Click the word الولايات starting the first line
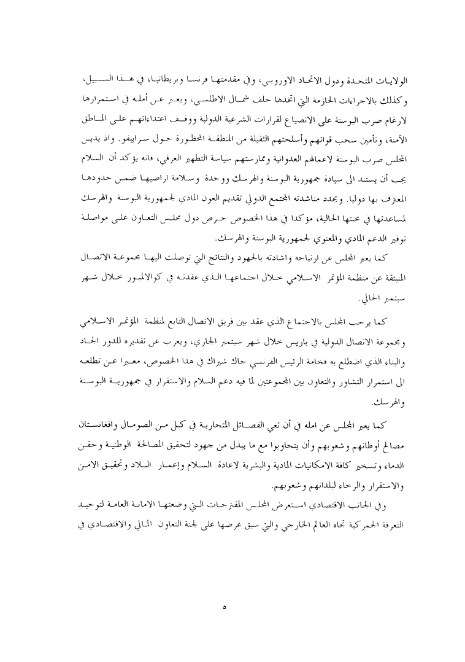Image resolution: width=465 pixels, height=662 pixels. [387, 82]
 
